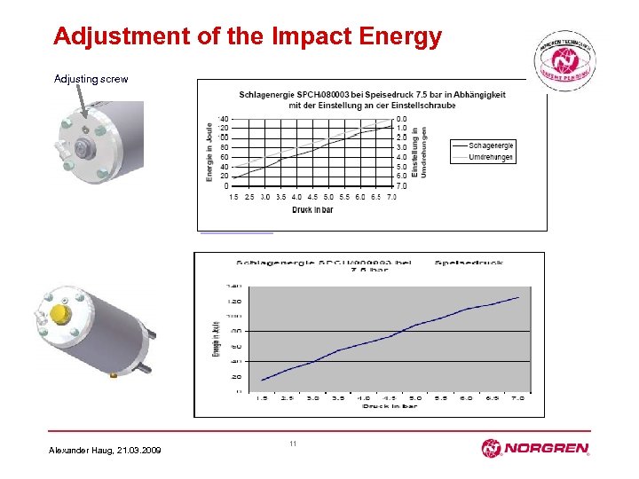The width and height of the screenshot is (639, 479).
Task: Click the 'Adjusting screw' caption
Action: pyautogui.click(x=91, y=79)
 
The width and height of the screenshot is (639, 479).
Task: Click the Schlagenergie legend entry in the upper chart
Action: pyautogui.click(x=491, y=145)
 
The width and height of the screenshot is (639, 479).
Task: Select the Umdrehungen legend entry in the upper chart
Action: pyautogui.click(x=491, y=157)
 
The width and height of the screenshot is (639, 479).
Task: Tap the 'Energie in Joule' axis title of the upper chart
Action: pyautogui.click(x=210, y=153)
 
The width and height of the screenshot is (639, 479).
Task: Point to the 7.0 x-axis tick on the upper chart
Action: pyautogui.click(x=391, y=197)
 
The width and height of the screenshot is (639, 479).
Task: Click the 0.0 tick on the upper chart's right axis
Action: pyautogui.click(x=402, y=118)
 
